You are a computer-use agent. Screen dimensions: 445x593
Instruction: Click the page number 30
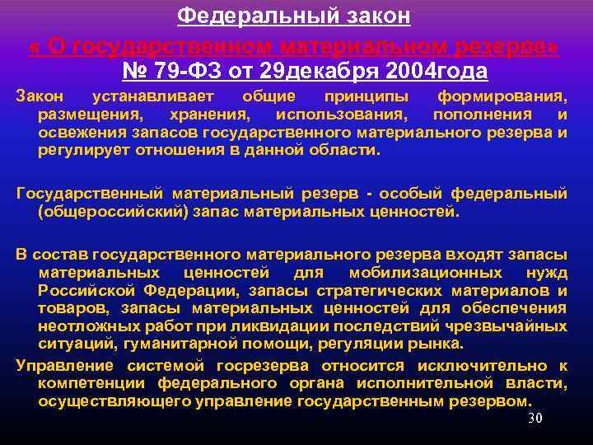pyautogui.click(x=535, y=418)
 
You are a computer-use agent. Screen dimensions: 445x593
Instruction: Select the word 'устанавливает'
pyautogui.click(x=149, y=96)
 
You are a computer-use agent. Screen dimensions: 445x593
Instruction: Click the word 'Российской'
pyautogui.click(x=86, y=290)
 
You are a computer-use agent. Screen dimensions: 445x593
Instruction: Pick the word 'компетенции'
pyautogui.click(x=91, y=383)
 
